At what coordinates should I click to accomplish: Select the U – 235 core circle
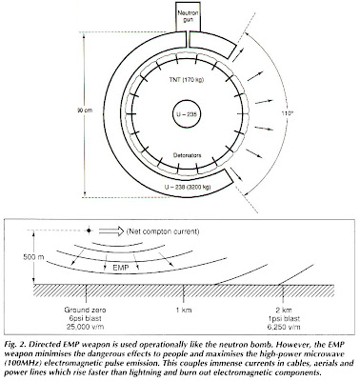tap(160, 116)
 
